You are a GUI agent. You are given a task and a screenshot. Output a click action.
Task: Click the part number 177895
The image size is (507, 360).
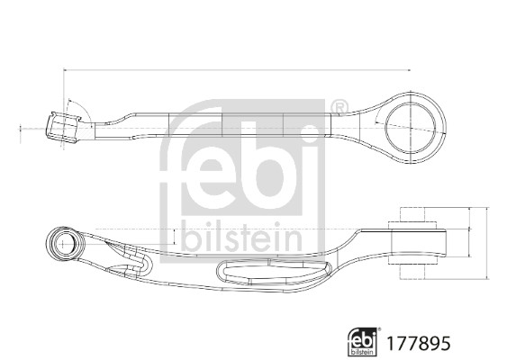pos(417,343)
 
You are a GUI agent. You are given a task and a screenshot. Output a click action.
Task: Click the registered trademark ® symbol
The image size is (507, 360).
pos(339,109)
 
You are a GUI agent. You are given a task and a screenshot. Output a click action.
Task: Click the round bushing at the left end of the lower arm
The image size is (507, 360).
pos(66,241)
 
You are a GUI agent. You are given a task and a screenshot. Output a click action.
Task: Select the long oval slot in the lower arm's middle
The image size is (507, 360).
pos(270,271)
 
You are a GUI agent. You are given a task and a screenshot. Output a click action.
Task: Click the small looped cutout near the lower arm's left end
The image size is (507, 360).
pos(135,262)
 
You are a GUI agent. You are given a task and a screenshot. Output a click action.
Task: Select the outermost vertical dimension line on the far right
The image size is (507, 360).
pos(487,242)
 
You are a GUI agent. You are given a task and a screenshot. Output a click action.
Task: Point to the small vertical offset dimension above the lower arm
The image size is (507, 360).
pos(174,236)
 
